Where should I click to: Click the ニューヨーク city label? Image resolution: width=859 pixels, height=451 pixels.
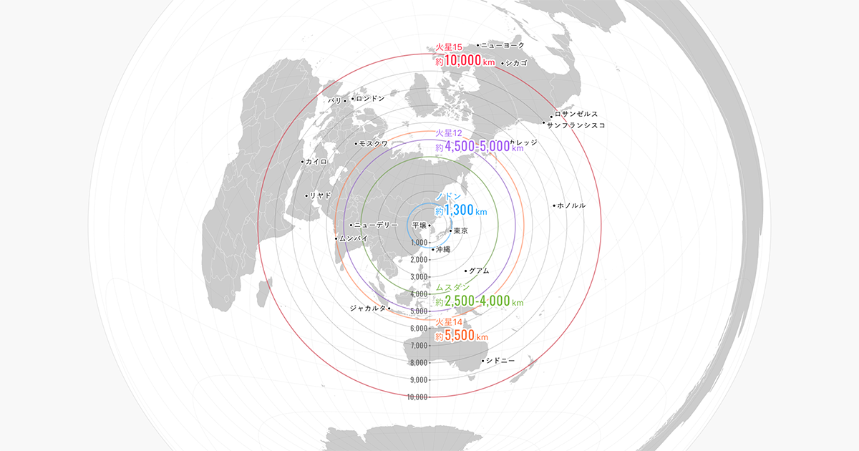(503, 45)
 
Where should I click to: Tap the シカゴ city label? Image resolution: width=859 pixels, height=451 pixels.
(516, 63)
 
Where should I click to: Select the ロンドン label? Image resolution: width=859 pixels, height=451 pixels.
(370, 98)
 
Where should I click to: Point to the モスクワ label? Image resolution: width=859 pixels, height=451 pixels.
(373, 144)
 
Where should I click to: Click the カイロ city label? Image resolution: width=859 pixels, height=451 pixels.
(316, 162)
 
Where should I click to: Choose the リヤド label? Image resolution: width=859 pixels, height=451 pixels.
(320, 195)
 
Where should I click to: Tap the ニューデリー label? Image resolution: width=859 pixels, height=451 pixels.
(376, 225)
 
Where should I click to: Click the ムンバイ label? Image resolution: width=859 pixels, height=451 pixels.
(354, 238)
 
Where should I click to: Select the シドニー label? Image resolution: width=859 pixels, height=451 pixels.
(500, 360)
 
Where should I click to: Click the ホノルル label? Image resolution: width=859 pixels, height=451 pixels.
(571, 205)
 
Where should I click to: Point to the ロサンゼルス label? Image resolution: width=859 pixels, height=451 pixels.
(576, 115)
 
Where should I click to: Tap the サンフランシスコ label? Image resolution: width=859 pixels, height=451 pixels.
(577, 125)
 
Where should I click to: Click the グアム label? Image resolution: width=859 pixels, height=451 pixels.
(480, 271)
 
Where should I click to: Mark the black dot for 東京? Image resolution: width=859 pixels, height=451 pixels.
(450, 231)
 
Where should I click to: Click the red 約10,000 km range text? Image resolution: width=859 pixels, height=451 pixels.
(465, 62)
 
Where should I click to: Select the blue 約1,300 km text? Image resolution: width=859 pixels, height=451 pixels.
(461, 211)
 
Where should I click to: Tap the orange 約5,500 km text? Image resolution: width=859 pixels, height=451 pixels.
(462, 336)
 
